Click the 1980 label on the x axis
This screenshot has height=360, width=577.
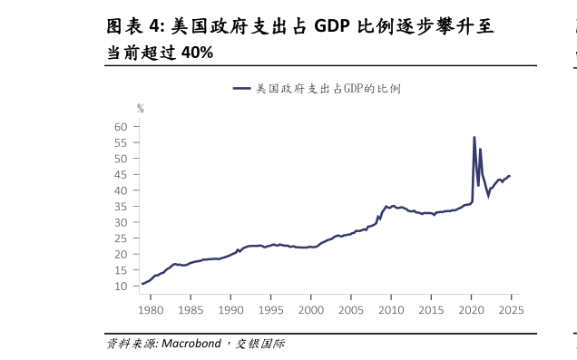(151, 310)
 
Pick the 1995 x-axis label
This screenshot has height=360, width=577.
(270, 310)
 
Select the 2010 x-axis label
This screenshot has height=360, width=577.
(390, 310)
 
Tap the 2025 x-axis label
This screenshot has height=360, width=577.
(510, 310)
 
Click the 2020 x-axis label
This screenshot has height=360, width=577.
(471, 310)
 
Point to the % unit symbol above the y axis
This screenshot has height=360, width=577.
(140, 108)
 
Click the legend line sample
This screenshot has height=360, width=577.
(241, 89)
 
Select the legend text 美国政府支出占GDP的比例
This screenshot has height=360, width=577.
(328, 89)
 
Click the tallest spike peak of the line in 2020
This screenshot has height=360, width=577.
(474, 138)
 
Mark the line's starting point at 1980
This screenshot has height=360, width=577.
(142, 284)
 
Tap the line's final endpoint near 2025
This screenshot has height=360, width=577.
(509, 176)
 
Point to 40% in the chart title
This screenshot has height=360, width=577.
(197, 53)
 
